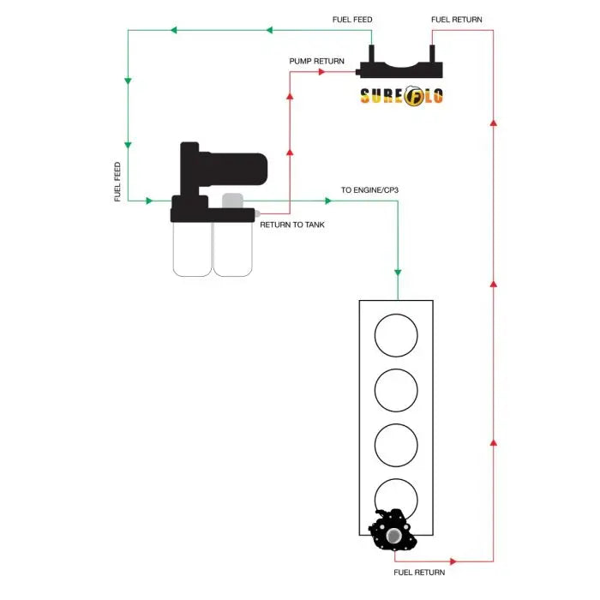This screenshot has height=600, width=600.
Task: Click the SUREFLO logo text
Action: [x=401, y=96]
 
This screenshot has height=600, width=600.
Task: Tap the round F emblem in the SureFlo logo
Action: [x=411, y=96]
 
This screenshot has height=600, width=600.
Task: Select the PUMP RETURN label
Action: [x=317, y=62]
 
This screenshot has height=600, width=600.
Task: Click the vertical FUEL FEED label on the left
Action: [x=117, y=182]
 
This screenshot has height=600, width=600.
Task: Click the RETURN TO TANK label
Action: [x=292, y=225]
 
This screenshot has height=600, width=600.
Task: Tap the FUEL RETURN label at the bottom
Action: [x=419, y=571]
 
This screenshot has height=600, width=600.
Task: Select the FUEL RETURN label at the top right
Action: [x=457, y=20]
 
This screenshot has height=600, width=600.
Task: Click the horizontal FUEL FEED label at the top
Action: [x=352, y=20]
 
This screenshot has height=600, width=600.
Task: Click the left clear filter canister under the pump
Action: [x=192, y=249]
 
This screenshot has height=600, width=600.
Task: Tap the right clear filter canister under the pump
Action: [x=232, y=249]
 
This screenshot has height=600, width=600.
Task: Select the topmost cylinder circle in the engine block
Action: [x=396, y=336]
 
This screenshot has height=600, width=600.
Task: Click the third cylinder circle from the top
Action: [x=396, y=446]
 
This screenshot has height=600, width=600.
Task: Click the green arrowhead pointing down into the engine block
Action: [x=398, y=271]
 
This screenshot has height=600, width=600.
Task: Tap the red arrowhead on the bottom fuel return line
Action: [x=453, y=562]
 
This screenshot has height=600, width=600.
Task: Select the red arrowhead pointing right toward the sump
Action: [x=322, y=72]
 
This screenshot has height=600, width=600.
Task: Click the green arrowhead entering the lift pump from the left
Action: [x=149, y=201]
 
